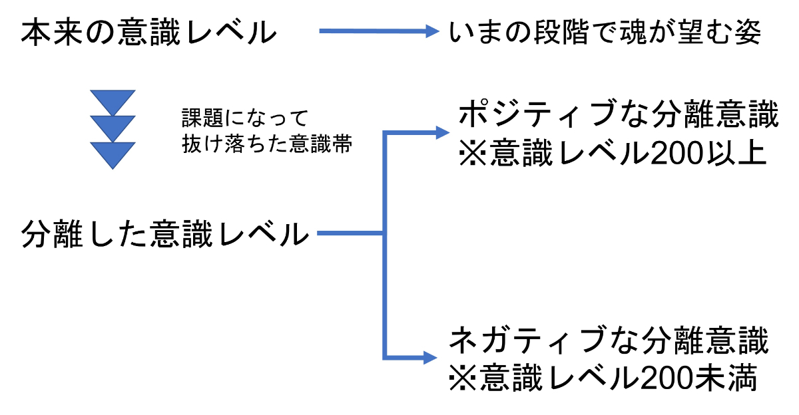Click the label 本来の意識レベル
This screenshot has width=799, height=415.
point(148,33)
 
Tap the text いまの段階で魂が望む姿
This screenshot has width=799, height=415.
point(604,33)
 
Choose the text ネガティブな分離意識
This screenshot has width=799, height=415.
point(609,341)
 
